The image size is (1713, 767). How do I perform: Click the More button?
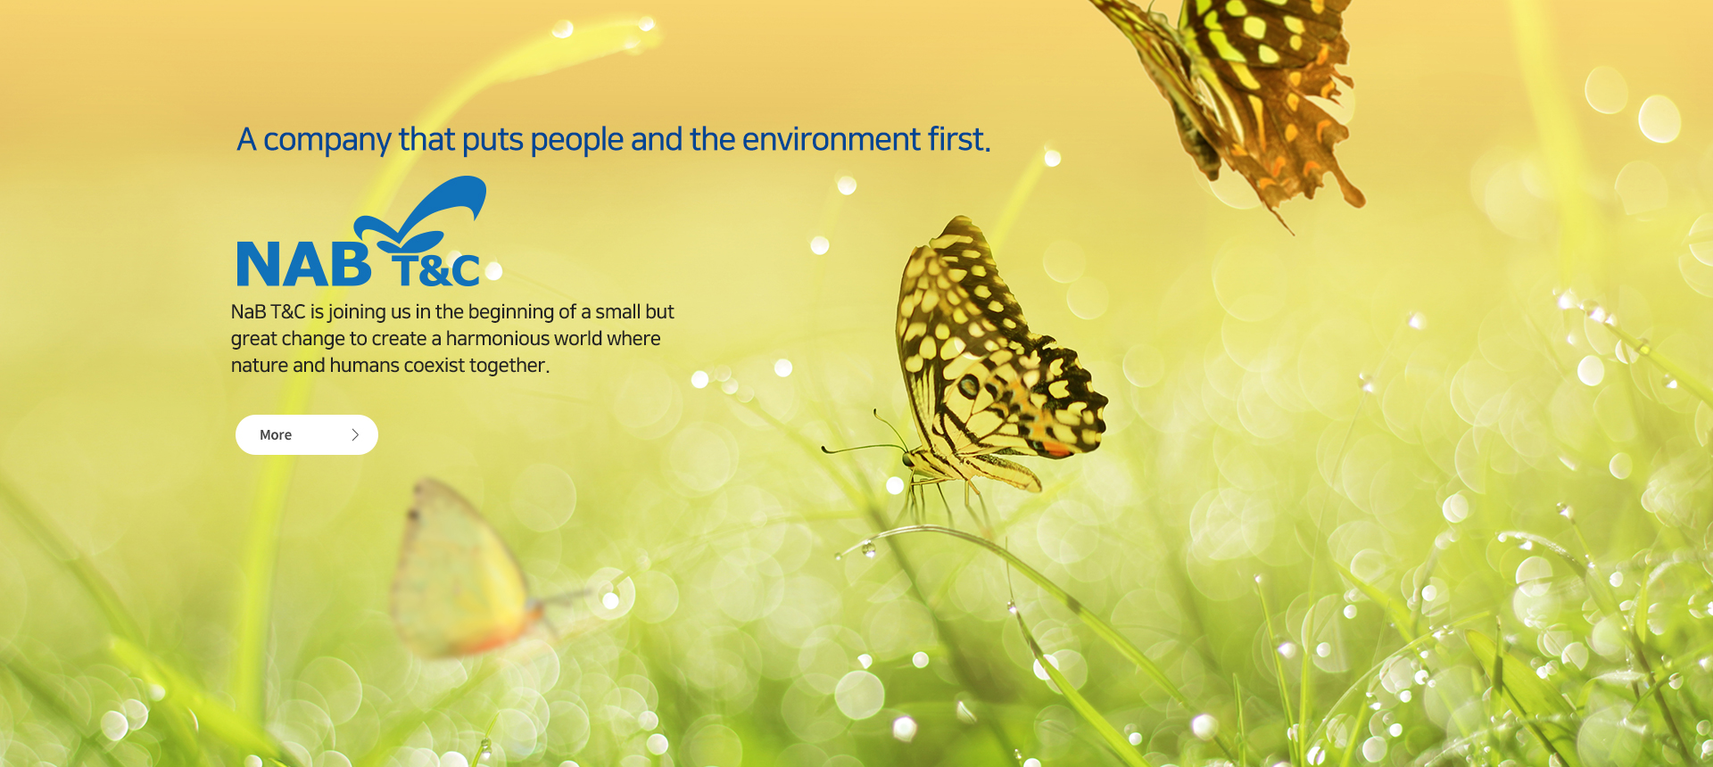click(x=307, y=434)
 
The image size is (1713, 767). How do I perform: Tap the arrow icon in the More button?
click(x=355, y=434)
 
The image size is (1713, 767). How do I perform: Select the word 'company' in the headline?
click(x=327, y=141)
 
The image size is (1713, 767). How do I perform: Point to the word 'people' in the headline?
click(x=577, y=141)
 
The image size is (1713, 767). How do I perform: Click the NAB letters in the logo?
click(x=303, y=264)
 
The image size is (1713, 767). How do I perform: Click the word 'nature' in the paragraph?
click(x=259, y=366)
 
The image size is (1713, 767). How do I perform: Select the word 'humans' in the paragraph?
click(x=364, y=366)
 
